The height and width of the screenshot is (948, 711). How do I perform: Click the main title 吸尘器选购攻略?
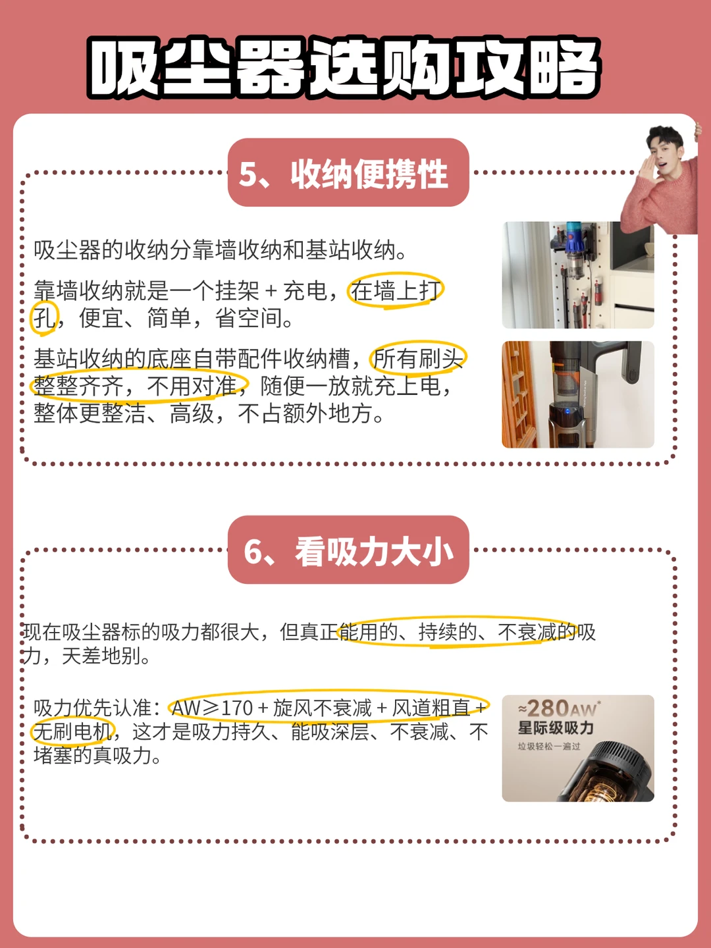(344, 68)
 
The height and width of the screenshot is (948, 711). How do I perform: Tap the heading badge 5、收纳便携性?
(348, 172)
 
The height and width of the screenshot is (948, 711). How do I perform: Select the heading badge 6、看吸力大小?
(348, 549)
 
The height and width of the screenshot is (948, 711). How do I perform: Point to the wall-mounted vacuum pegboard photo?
(578, 275)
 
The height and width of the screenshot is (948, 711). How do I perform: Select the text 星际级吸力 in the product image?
(556, 728)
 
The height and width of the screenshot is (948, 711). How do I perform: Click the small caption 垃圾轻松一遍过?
(548, 747)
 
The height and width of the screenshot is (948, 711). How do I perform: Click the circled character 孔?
(44, 318)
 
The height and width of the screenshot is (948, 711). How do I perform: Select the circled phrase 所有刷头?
(418, 359)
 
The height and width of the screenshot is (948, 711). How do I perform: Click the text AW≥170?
(212, 708)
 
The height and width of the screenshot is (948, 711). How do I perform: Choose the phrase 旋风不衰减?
(323, 708)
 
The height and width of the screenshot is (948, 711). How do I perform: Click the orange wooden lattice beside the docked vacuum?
(519, 394)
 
